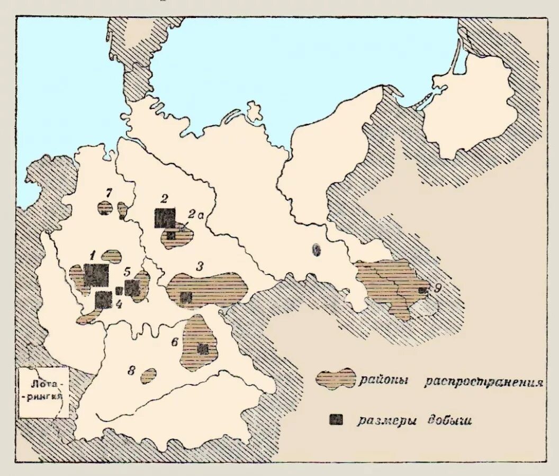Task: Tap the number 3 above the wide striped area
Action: tap(200, 266)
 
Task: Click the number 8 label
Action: tap(130, 371)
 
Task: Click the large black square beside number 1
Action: tap(96, 275)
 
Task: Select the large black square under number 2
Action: tap(165, 218)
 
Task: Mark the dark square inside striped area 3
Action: tap(185, 298)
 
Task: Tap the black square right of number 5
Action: tap(132, 288)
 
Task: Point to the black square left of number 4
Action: tap(103, 299)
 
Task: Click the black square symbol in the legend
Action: tap(336, 419)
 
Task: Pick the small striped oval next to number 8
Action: tap(149, 376)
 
